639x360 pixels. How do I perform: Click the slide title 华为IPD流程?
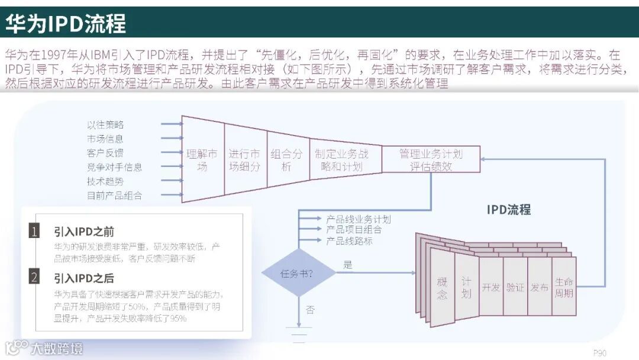pos(66,22)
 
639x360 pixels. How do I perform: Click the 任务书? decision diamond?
pos(297,274)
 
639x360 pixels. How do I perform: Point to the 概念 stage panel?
pos(442,288)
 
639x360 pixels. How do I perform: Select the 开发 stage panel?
pos(490,287)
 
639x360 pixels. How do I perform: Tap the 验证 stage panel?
pos(515,287)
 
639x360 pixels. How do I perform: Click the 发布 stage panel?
pos(539,287)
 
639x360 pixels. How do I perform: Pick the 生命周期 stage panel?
pos(564,287)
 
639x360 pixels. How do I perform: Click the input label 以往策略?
pos(105,125)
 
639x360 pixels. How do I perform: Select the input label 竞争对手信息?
pos(115,168)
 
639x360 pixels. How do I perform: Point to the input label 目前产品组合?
pos(115,195)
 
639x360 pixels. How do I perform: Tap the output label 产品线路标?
pos(350,241)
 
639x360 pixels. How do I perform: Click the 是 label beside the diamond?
pos(347,265)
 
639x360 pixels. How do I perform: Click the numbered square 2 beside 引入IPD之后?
pos(35,277)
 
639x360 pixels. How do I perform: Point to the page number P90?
pos(599,353)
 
